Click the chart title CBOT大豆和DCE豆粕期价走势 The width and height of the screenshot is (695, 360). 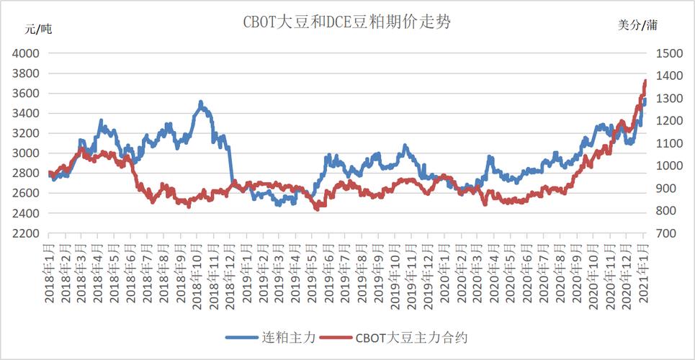[346, 22]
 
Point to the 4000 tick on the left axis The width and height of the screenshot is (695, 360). [26, 53]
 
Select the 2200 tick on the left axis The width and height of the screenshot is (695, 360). [26, 234]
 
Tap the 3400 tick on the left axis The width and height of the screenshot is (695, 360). [26, 114]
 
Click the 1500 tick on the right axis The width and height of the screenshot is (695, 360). [667, 53]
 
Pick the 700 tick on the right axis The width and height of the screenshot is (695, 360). [663, 234]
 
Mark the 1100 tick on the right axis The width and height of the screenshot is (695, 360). [667, 143]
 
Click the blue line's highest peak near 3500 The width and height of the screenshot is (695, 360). [201, 102]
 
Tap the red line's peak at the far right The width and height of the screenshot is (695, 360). [645, 81]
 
